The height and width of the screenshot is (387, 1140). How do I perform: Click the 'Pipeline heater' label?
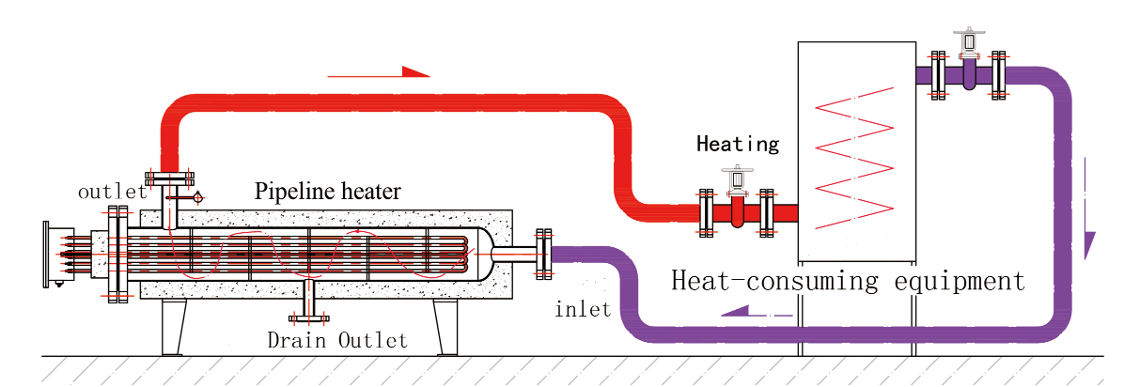327,193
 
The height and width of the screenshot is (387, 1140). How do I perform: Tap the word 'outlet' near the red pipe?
112,192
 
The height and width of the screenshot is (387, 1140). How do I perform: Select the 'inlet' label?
583,308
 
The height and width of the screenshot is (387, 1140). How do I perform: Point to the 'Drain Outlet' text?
337,340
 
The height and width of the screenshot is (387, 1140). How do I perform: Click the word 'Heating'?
738,144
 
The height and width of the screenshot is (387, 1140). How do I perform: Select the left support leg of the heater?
172,327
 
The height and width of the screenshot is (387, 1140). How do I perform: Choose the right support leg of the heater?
445,327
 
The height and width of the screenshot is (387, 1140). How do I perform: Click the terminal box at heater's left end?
58,254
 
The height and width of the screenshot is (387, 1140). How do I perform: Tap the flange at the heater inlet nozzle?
543,253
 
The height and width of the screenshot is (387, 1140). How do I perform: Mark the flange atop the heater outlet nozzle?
169,178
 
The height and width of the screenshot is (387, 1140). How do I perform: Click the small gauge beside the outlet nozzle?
197,197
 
